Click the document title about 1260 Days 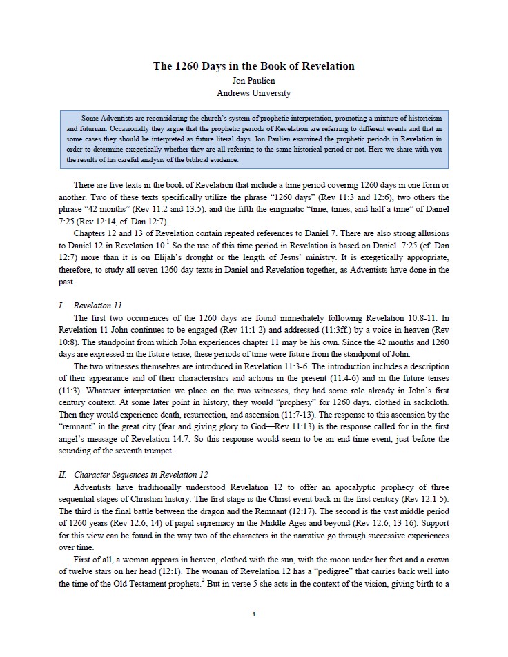coord(253,66)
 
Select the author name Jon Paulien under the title coord(253,80)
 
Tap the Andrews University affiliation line coord(253,92)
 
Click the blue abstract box coord(253,138)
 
